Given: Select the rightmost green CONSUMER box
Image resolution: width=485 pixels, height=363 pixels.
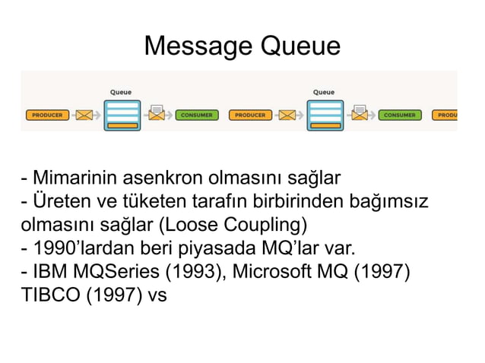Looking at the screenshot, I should (399, 115).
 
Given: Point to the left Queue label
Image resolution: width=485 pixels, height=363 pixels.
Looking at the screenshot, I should (121, 92).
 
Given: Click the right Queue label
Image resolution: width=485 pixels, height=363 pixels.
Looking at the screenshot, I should (324, 92).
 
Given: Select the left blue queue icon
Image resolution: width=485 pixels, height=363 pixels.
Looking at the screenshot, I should (122, 115).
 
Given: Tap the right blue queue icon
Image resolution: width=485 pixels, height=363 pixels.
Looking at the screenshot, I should (325, 115).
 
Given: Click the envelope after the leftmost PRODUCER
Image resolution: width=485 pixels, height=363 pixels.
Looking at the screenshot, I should (84, 115).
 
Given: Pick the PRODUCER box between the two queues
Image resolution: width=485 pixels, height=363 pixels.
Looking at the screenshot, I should (250, 115).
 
